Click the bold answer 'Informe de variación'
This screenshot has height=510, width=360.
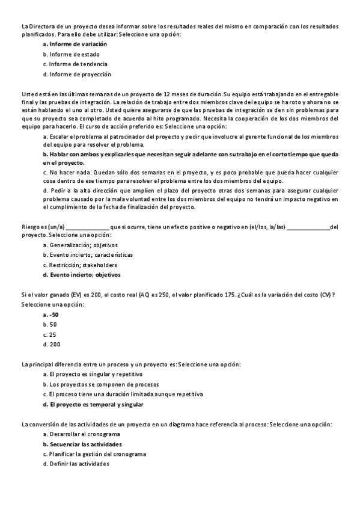[78, 44]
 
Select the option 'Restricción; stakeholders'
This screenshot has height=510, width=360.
[84, 265]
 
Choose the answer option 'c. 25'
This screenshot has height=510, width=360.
[50, 334]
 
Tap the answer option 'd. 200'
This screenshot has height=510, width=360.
[52, 344]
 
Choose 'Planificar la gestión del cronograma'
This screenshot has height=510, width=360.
[98, 454]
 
